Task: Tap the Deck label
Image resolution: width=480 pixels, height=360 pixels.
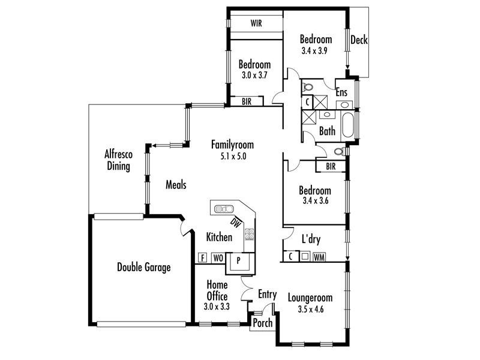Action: pos(359,40)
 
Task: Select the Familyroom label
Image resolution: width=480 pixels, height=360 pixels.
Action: pos(232,145)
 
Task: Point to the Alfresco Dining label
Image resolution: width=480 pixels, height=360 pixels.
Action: pos(119,160)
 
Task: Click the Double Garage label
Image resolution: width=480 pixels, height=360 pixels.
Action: pos(143,268)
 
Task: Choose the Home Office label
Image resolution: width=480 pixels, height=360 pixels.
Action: pos(217,290)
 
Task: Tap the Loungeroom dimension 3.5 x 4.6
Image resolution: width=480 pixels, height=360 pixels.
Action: pos(310,310)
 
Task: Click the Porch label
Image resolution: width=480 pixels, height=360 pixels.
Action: pos(263,323)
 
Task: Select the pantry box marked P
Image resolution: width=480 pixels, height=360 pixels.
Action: pos(238,261)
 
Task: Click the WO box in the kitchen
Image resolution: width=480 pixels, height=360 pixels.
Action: pos(218,258)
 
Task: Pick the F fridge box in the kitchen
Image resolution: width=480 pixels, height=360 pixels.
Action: pos(202,258)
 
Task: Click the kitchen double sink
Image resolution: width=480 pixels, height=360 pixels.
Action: pos(224,209)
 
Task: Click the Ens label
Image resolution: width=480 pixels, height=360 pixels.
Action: pos(341,92)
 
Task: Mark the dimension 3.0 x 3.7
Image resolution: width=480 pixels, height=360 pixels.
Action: pos(254,76)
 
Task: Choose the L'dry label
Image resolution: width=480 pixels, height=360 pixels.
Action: pos(311,239)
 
